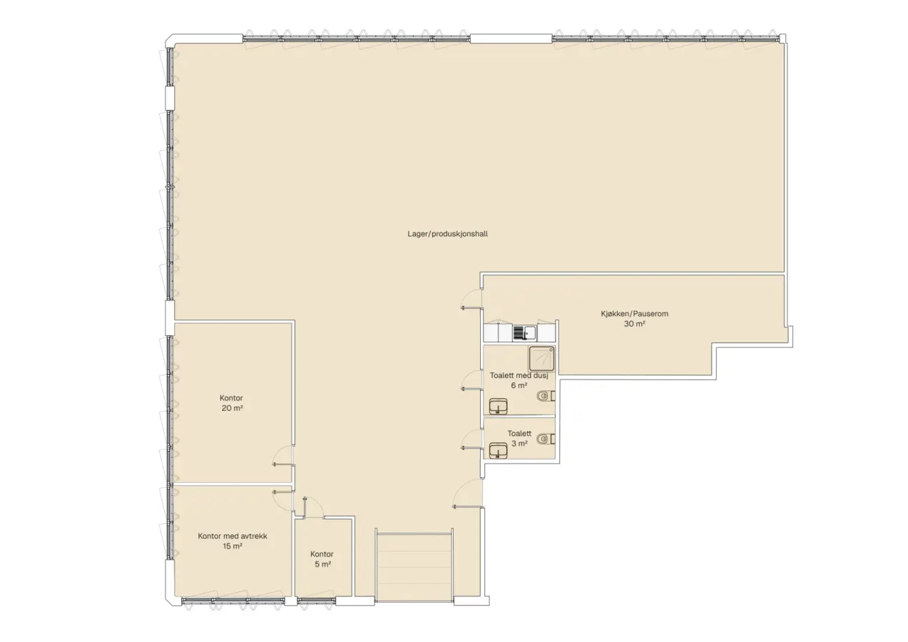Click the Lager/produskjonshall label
click(447, 234)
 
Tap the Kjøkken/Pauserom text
click(634, 313)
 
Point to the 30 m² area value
click(634, 324)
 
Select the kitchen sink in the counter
click(525, 333)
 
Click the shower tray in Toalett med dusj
click(541, 359)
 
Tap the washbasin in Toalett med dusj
click(498, 406)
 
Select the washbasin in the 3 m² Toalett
click(498, 450)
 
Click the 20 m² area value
click(232, 408)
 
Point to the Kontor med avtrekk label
click(233, 536)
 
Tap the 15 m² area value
click(233, 546)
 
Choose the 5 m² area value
click(322, 564)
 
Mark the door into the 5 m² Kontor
click(313, 506)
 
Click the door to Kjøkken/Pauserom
click(471, 299)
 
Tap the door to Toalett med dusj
click(471, 381)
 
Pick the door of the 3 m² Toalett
click(471, 439)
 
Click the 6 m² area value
click(519, 385)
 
